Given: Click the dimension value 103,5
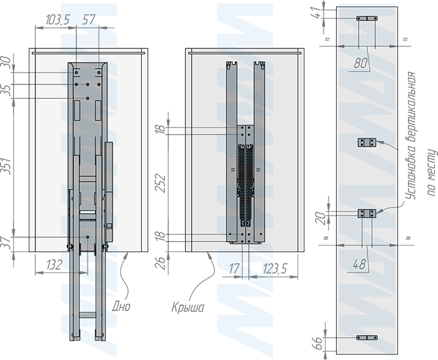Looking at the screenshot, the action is click(58, 20).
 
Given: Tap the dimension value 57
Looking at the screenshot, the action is click(90, 20).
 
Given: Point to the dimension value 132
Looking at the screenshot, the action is click(54, 265).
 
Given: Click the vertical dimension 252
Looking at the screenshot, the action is click(161, 184).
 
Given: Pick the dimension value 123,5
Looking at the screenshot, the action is click(275, 269).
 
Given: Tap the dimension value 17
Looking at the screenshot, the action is click(234, 269).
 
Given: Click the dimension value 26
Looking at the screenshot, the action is click(161, 263).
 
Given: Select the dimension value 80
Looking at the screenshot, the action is click(360, 63).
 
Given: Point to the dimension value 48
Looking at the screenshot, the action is click(360, 264).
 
